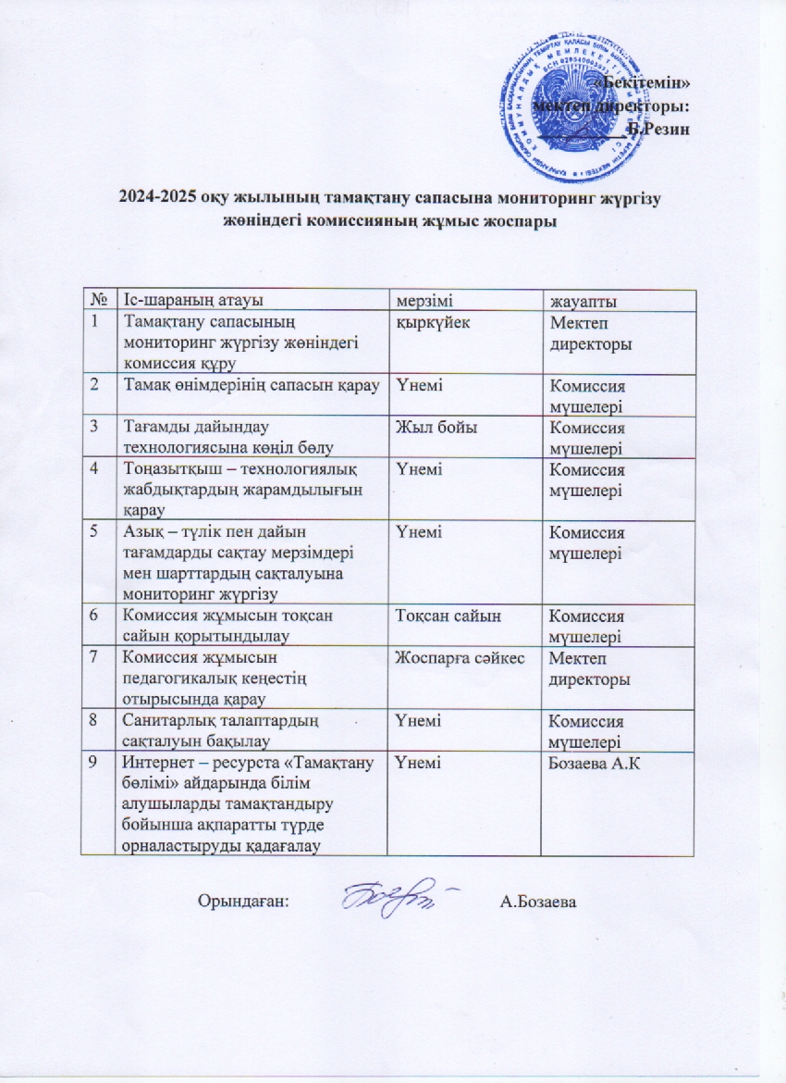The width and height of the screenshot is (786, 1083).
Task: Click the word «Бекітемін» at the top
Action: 654,83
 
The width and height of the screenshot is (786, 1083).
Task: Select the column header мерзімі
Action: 425,301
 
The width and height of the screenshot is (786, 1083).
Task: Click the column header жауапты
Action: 583,302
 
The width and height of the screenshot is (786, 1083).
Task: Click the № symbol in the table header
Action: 97,301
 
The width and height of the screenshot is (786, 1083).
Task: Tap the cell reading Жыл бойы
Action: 430,428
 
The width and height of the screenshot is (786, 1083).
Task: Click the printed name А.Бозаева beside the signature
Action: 537,900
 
